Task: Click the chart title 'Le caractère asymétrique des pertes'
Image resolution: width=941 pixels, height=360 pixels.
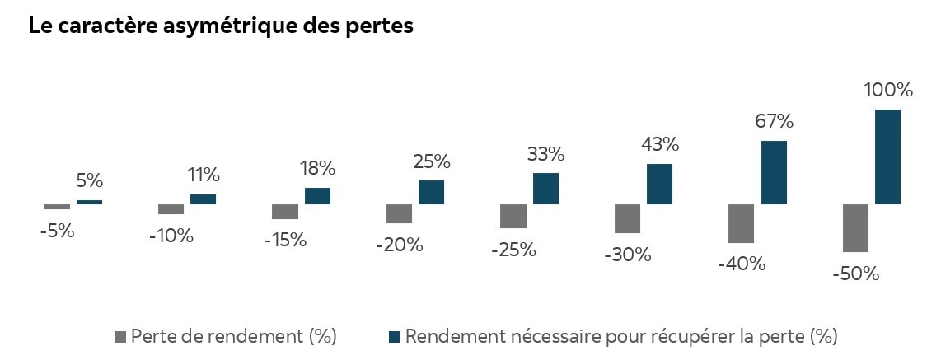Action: pos(220,26)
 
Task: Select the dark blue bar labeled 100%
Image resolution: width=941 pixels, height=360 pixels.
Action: pos(887,157)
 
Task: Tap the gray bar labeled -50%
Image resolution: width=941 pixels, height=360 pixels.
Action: pos(855,227)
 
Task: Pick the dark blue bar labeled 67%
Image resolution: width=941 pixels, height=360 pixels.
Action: pos(774,172)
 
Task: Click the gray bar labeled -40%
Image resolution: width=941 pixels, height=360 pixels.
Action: pos(742,223)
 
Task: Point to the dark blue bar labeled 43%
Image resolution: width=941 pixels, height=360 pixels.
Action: pos(659,184)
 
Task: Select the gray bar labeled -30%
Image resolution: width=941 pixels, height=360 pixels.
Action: pos(627,218)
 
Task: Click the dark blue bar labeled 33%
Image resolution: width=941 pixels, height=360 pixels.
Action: pos(545,188)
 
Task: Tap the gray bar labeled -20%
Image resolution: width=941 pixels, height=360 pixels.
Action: pos(399,213)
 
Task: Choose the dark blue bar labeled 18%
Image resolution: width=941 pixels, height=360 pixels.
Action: pos(317,195)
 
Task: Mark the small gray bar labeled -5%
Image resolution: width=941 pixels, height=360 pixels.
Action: pos(57,207)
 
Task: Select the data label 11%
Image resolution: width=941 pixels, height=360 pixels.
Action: pos(203,175)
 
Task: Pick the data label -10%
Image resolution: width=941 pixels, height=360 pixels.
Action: pos(171,236)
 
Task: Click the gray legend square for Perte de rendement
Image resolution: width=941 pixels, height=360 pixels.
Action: pos(120,336)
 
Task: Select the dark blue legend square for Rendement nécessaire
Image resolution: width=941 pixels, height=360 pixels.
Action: pos(394,336)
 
